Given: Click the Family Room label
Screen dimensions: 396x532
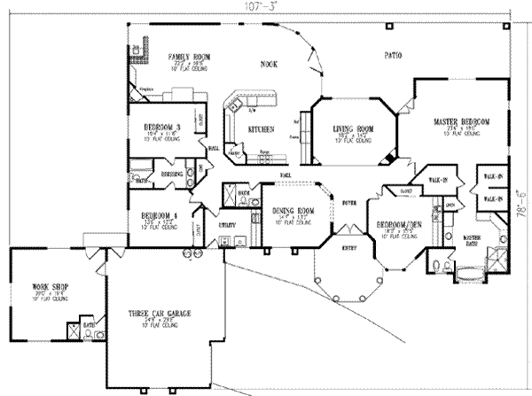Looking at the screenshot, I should (190, 57).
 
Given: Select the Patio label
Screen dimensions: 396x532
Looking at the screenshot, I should (395, 56).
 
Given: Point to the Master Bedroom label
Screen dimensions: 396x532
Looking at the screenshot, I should (462, 119).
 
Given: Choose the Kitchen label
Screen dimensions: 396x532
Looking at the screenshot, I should (260, 129).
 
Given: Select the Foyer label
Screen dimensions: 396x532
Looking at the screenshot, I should (348, 204).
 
